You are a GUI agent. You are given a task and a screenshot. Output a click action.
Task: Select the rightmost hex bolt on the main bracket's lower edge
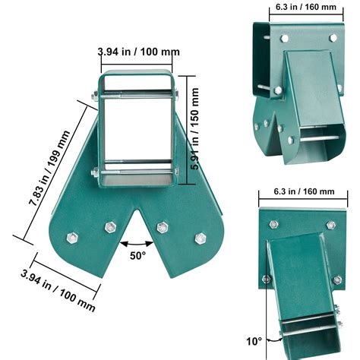click(201, 238)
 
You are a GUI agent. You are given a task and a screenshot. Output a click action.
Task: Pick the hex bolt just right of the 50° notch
click(161, 226)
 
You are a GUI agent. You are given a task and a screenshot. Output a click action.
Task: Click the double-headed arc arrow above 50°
click(137, 243)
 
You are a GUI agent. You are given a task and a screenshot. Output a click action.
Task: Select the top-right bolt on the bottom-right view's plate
click(331, 225)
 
